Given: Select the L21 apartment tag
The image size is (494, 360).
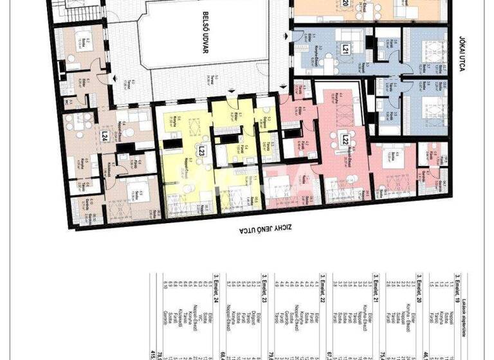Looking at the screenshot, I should pyautogui.click(x=345, y=48).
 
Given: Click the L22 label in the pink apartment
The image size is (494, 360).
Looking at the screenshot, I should pyautogui.click(x=345, y=139).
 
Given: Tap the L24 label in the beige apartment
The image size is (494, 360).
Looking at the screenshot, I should pyautogui.click(x=104, y=136).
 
